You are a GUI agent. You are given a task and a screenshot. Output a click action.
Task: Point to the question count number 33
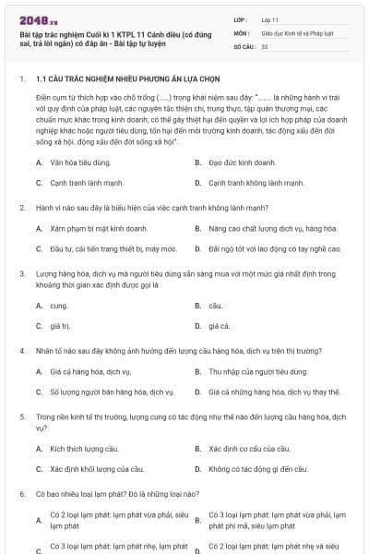(265, 45)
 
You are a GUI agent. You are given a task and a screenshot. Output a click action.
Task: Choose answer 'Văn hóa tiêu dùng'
(81, 163)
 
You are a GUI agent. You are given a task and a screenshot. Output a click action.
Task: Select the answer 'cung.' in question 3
(59, 305)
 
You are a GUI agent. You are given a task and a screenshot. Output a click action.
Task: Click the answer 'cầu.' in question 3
(215, 305)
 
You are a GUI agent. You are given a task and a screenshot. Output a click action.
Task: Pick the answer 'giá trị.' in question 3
(61, 325)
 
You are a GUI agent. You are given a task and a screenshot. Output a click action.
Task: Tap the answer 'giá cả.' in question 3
(219, 325)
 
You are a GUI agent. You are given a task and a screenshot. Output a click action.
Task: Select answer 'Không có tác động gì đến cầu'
(257, 468)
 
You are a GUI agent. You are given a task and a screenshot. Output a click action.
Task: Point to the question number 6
(22, 495)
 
